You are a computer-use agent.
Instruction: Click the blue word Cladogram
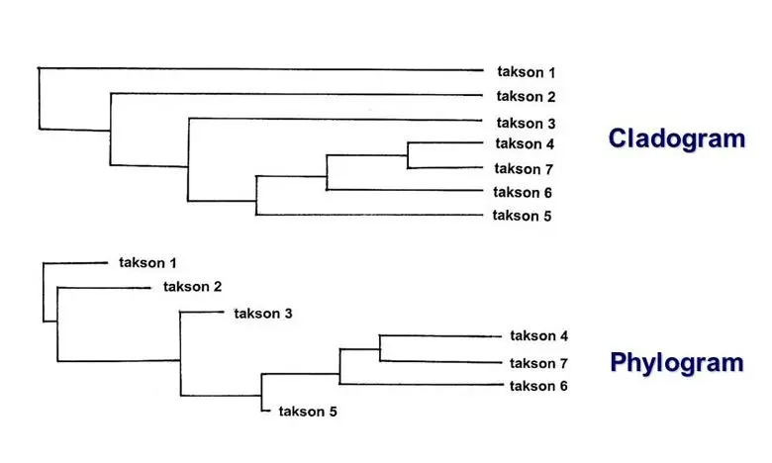[676, 138]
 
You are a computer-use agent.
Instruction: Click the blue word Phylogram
[676, 362]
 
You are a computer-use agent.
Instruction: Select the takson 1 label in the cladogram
[526, 72]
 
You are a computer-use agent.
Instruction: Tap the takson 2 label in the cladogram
[526, 97]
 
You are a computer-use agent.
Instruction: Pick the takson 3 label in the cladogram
[526, 123]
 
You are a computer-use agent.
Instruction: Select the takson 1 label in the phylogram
[147, 263]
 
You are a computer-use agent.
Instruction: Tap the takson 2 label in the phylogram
[192, 288]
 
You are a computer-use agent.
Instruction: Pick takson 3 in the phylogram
[263, 314]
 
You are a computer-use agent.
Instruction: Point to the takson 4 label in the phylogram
[538, 336]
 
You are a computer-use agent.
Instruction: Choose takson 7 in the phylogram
[538, 363]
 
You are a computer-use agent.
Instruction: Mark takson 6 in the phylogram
[538, 386]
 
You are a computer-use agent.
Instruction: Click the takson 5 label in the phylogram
[308, 412]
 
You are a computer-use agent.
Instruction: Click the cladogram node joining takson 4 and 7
[408, 155]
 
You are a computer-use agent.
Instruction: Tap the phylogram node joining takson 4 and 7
[380, 347]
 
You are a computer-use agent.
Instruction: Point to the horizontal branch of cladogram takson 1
[257, 69]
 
